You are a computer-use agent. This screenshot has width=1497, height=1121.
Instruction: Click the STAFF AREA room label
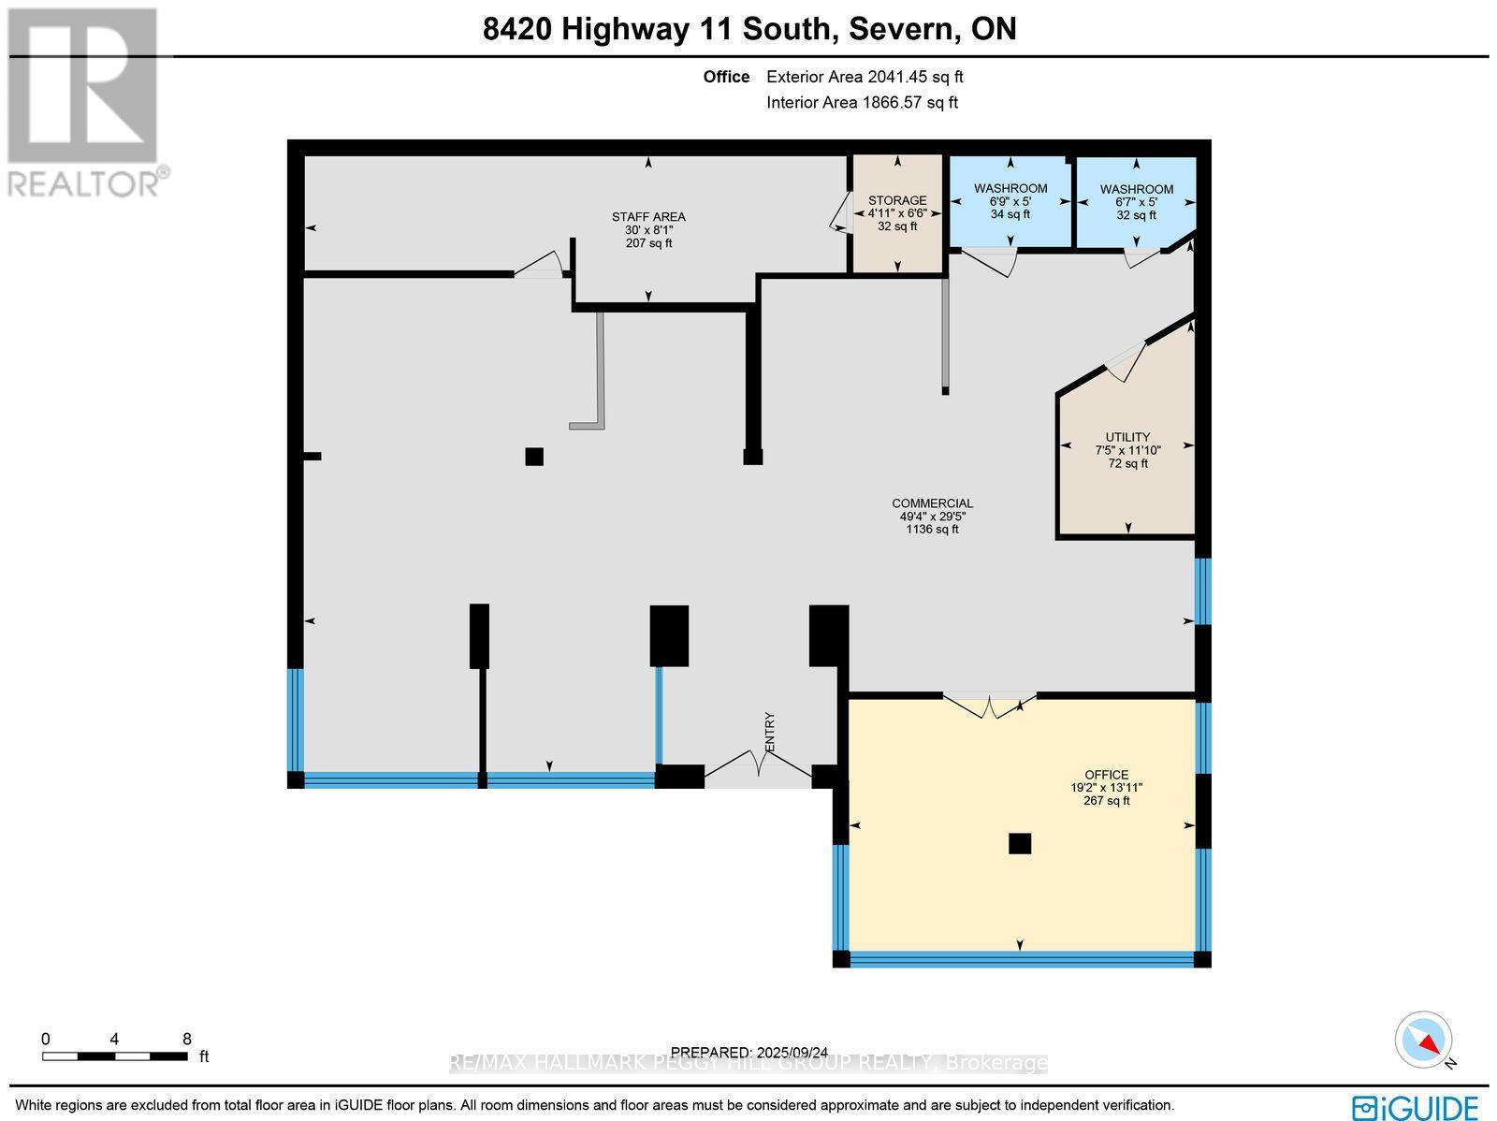648,230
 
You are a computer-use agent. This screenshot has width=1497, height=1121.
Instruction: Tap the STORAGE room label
896,213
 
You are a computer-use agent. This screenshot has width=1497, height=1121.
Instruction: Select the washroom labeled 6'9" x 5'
1010,201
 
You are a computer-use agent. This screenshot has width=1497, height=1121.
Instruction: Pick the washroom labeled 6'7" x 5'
1136,202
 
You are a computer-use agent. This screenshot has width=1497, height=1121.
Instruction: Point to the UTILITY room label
1127,450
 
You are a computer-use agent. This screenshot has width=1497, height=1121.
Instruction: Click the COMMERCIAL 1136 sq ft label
932,517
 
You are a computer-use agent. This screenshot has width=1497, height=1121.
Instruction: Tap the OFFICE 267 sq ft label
1106,787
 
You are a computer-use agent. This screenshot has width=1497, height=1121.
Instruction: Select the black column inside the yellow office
1019,843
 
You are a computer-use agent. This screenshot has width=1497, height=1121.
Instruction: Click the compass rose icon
1424,1040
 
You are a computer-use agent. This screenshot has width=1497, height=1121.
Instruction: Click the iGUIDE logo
1415,1108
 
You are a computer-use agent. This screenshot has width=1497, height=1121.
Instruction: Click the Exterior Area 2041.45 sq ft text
865,78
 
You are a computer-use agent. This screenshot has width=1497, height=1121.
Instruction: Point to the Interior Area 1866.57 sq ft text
862,103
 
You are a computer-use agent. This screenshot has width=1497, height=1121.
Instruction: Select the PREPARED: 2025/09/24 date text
748,1052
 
